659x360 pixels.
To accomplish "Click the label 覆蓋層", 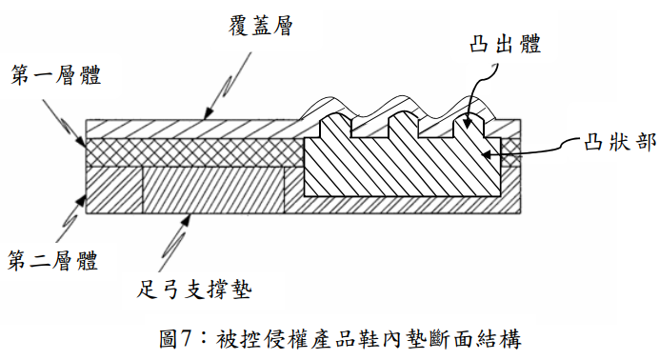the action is (261, 26).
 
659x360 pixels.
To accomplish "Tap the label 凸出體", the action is (505, 44).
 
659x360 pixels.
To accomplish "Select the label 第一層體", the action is (56, 75).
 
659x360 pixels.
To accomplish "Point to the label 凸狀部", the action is (620, 143).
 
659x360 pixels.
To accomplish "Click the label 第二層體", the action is (53, 260).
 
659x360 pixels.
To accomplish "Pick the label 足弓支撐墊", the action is (194, 290).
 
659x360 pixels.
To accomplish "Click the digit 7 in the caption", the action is (186, 339).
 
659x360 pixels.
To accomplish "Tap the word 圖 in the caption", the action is (169, 339).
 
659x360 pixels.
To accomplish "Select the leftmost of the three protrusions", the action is (335, 125).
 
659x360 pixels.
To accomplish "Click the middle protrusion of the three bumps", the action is (404, 125).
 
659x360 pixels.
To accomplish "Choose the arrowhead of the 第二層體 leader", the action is (80, 200).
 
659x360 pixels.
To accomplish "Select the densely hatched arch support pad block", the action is (213, 190).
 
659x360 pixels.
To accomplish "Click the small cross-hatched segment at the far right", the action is (510, 152).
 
